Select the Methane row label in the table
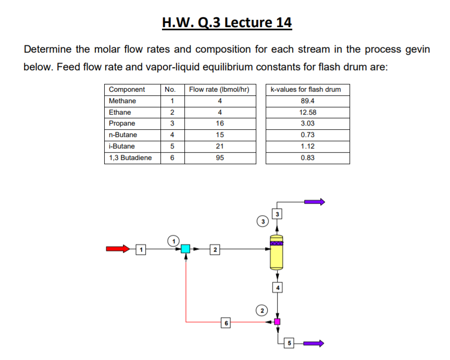[123, 101]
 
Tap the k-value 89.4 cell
[308, 101]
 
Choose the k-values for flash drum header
[308, 90]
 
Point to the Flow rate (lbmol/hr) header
[219, 90]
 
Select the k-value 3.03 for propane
[308, 123]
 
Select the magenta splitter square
[278, 321]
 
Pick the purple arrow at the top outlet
[315, 202]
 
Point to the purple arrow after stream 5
[315, 343]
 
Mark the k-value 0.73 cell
[308, 135]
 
